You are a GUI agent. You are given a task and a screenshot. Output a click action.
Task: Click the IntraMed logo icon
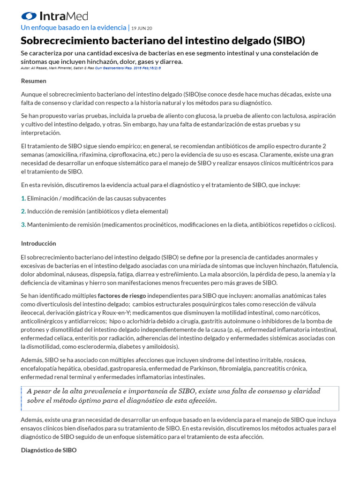tap(29, 16)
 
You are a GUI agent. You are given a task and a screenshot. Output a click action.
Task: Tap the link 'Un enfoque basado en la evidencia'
tap(74, 28)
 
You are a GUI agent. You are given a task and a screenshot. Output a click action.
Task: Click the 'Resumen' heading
tap(34, 81)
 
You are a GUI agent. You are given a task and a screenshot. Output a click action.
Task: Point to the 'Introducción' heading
tap(38, 243)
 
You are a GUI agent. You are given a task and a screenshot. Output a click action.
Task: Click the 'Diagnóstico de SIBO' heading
tap(49, 450)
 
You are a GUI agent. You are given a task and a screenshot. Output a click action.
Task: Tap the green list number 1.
tap(23, 198)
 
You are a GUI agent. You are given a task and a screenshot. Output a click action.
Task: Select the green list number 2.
tap(23, 211)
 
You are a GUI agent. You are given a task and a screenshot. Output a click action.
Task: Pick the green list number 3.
tap(23, 225)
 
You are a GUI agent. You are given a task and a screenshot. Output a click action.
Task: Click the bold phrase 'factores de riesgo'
tap(122, 296)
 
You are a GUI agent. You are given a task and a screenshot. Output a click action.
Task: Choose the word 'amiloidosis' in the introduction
tap(162, 346)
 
